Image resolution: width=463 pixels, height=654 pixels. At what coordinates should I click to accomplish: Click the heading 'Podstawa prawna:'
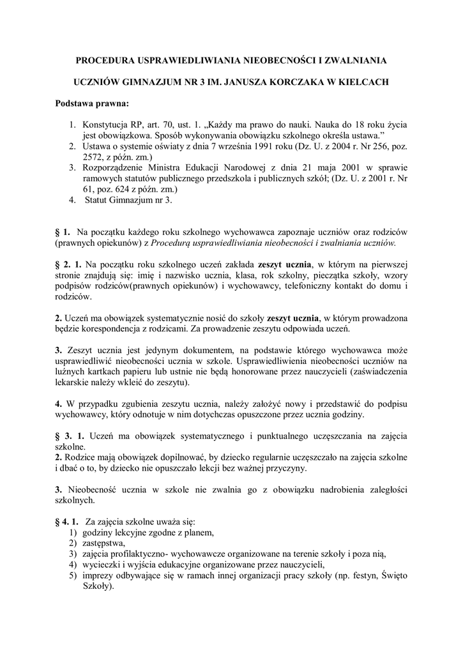point(91,103)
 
